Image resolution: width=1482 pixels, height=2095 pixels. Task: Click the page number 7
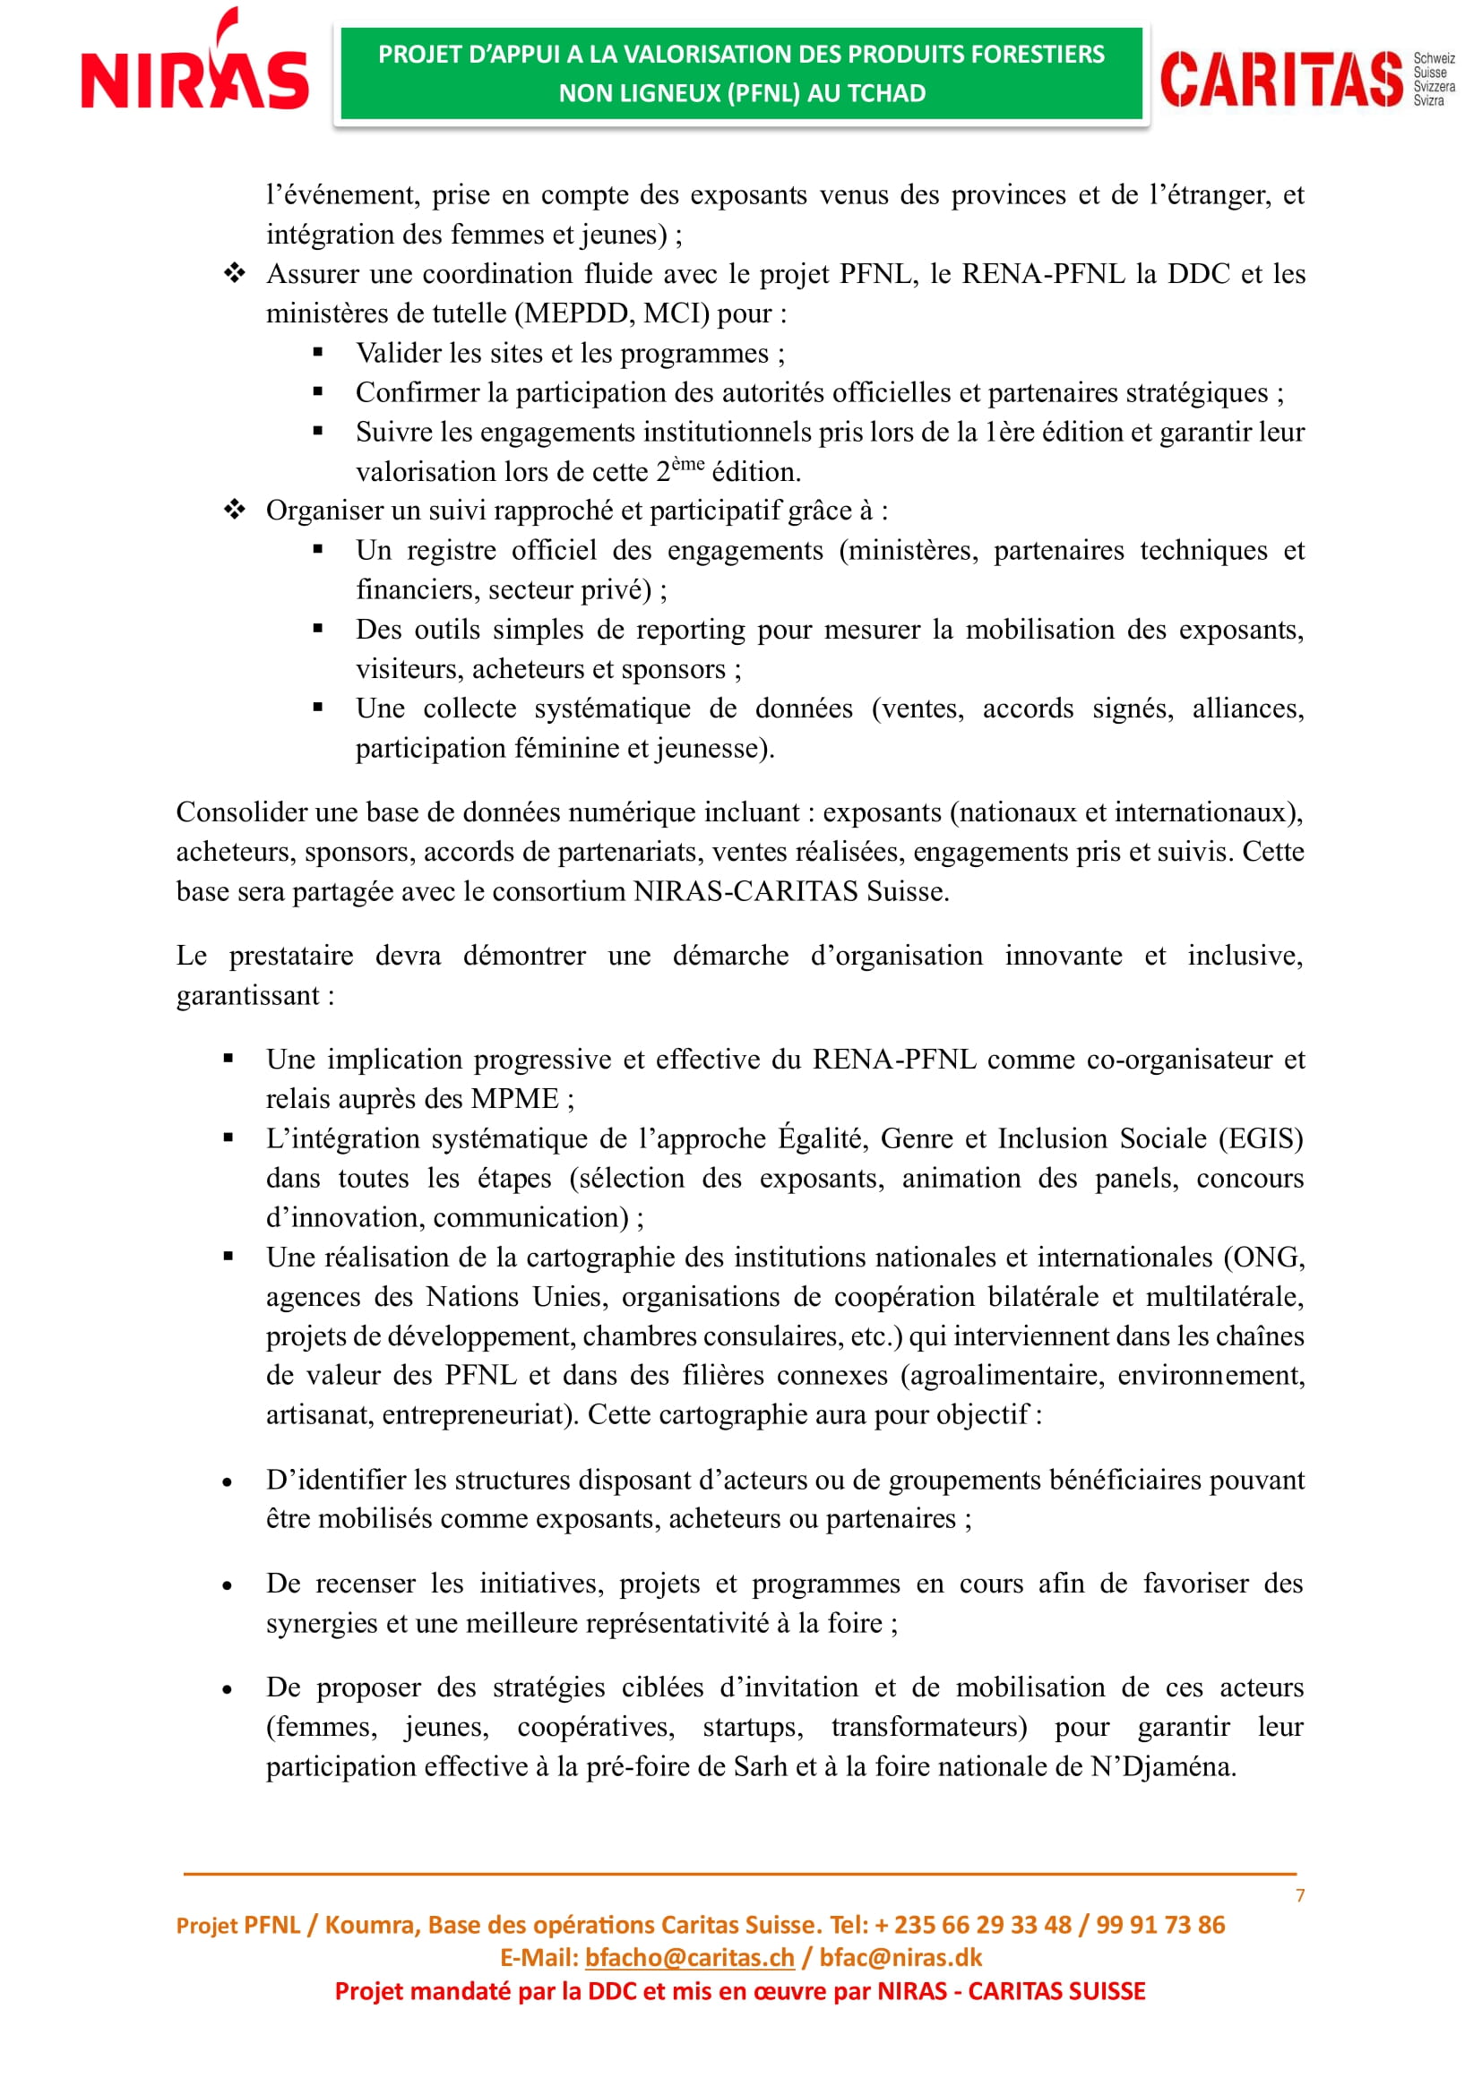1299,1896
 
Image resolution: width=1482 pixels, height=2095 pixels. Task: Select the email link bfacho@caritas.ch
689,1957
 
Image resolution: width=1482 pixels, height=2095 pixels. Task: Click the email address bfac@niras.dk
900,1957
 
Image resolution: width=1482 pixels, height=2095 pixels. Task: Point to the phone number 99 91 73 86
1159,1924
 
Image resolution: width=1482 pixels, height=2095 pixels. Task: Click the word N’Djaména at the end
1163,1766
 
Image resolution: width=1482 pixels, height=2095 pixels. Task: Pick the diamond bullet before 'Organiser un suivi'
235,510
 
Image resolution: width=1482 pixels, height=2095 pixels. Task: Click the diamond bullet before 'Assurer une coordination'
235,273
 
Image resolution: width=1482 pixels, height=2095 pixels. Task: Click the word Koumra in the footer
368,1924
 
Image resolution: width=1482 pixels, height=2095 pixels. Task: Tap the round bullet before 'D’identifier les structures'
228,1482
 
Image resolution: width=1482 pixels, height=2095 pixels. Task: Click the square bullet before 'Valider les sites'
317,352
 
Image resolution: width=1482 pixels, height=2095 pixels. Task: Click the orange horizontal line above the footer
739,1874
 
